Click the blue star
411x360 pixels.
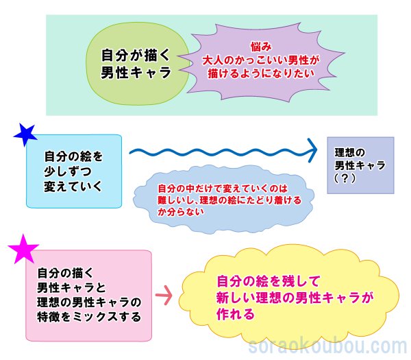tap(26, 134)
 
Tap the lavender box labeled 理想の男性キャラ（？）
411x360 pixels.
tap(360, 165)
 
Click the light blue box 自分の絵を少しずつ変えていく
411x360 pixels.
tap(73, 171)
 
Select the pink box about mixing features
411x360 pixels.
tap(88, 295)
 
